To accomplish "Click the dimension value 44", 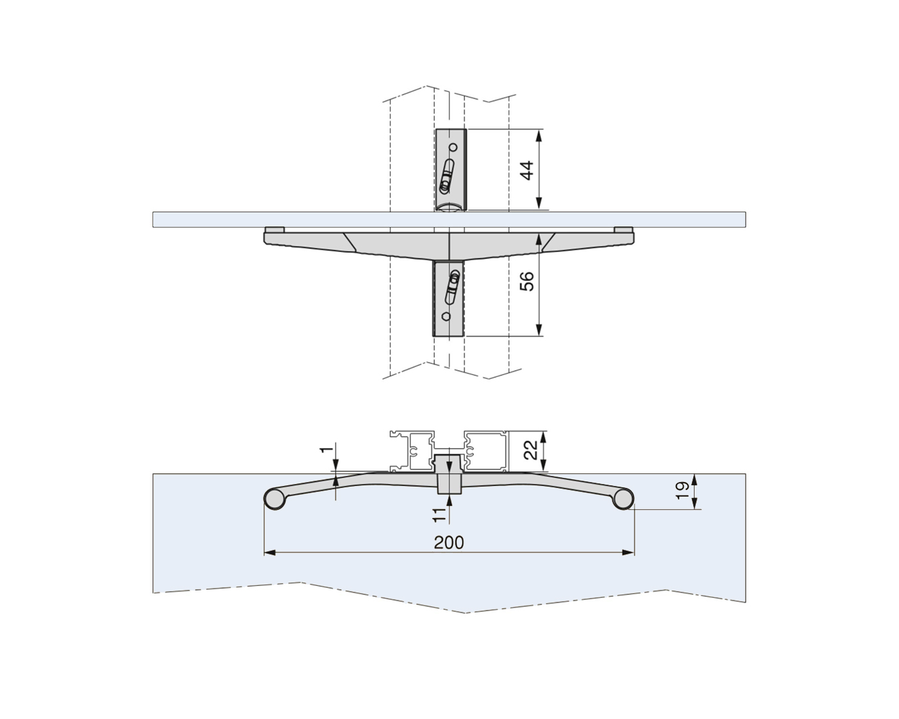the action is click(527, 170).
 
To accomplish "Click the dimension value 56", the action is click(527, 281).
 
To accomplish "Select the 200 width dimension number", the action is click(449, 543).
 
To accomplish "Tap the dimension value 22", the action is click(531, 449).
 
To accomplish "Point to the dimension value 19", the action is click(682, 491).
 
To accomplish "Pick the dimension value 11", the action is click(439, 515).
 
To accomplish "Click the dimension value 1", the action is click(327, 449).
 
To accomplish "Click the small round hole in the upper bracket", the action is click(453, 147).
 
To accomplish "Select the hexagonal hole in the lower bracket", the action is click(446, 316).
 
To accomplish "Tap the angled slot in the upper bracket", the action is click(447, 176).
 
